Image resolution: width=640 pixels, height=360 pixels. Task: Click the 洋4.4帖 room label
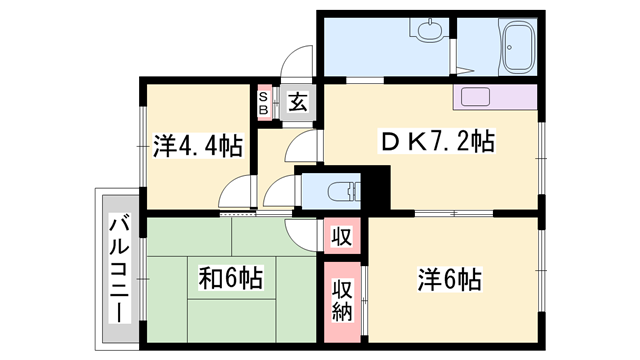(197, 146)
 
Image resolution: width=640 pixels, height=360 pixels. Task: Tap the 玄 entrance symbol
(298, 101)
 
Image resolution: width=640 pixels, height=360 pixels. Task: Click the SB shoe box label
(264, 103)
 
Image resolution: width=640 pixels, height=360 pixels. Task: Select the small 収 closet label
(341, 238)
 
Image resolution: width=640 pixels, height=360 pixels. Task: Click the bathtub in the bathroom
(519, 46)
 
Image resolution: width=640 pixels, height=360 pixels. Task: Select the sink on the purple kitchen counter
(474, 98)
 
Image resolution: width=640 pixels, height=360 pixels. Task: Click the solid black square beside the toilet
(374, 187)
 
